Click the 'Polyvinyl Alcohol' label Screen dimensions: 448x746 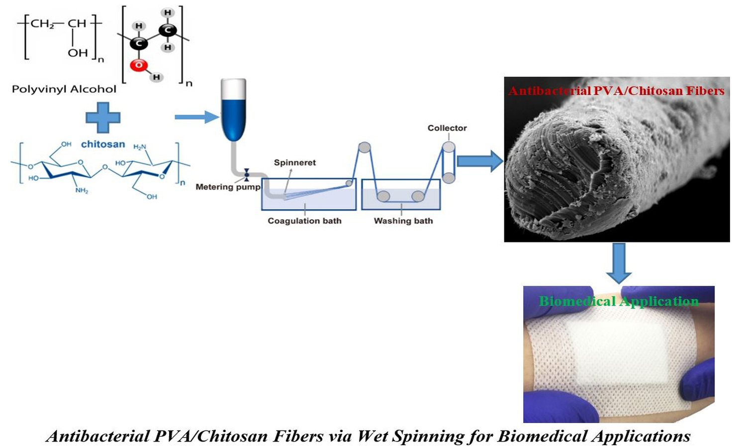(x=64, y=90)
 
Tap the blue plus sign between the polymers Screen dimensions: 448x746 (x=103, y=117)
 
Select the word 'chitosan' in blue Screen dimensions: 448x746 (x=103, y=144)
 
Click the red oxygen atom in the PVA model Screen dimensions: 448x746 (x=139, y=65)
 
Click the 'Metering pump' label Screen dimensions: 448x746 (x=228, y=187)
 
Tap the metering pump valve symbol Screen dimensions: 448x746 (x=246, y=174)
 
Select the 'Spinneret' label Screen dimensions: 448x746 (x=294, y=163)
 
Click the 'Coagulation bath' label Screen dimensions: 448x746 (x=304, y=221)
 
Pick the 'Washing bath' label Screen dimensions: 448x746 (x=403, y=221)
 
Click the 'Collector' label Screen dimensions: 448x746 (x=447, y=128)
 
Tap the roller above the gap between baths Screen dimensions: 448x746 (x=365, y=147)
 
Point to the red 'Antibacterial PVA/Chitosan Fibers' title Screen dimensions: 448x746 (x=616, y=91)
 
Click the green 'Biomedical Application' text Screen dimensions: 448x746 (x=619, y=301)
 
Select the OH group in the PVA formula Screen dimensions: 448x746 (x=78, y=53)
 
